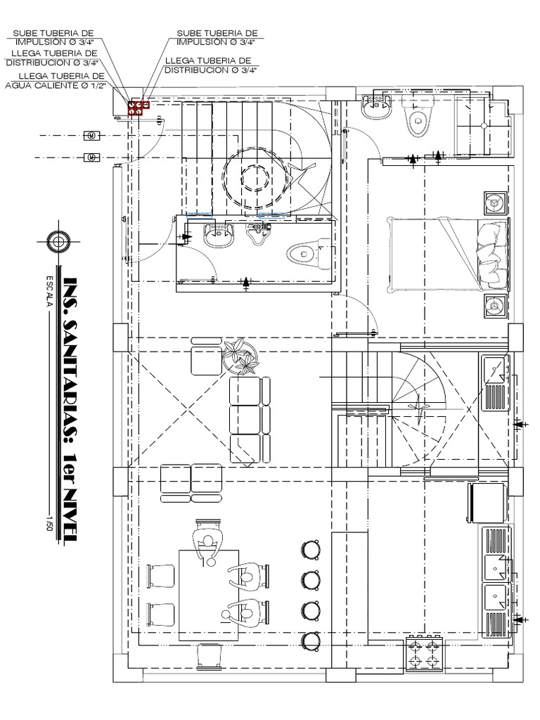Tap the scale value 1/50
coord(49,525)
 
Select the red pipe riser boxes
coord(139,108)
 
